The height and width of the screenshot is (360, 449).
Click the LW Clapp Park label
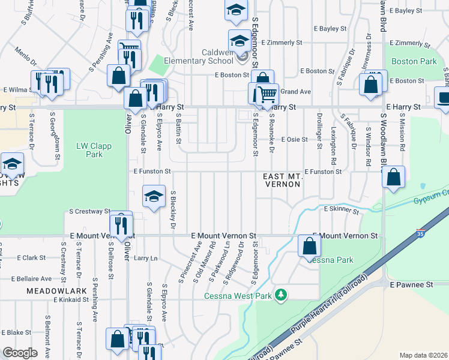[90, 150]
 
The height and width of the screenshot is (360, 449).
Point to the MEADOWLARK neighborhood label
[49, 290]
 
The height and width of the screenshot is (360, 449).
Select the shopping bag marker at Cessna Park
[309, 246]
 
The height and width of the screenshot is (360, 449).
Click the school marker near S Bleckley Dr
[154, 196]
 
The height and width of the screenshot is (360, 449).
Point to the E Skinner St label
[341, 211]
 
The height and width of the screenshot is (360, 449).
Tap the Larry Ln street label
[145, 259]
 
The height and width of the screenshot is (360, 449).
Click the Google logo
[20, 353]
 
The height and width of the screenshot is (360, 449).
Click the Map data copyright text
[423, 355]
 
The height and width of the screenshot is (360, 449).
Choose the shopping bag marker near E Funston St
[393, 177]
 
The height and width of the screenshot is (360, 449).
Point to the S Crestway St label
[90, 211]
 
